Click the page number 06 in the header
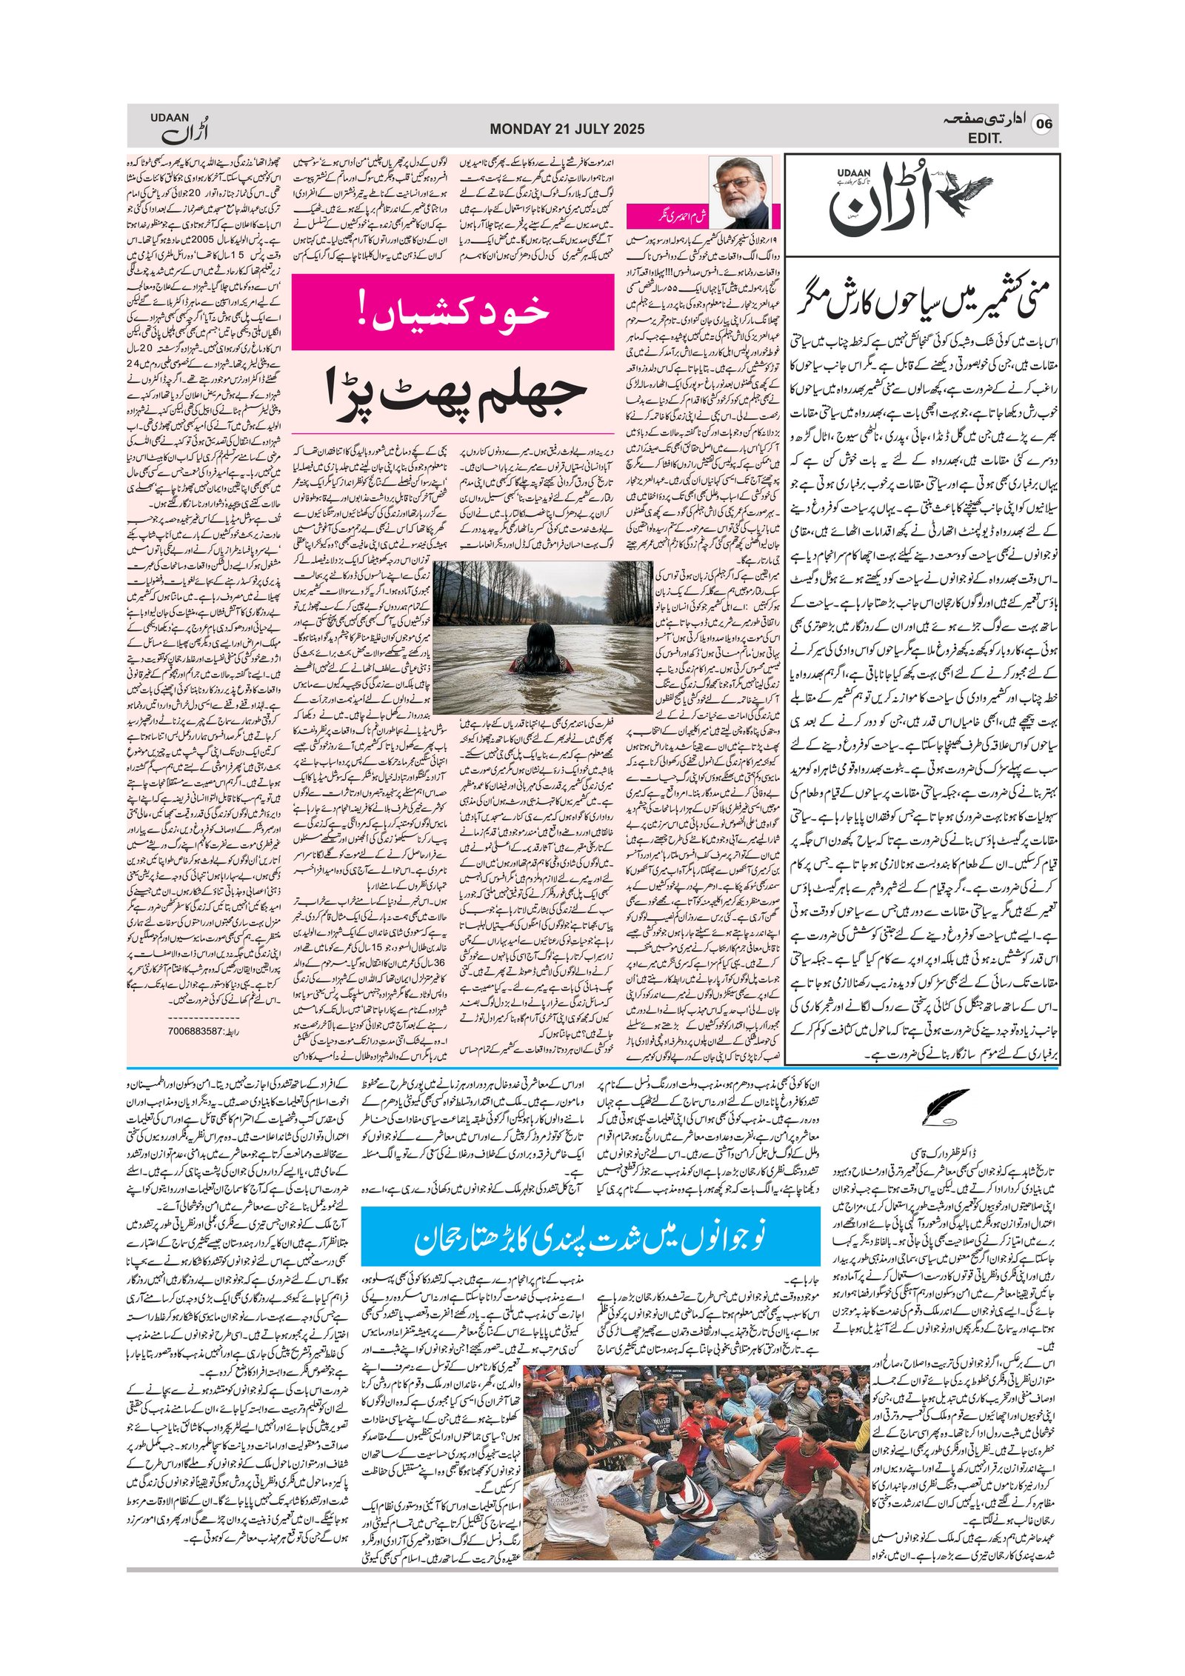(x=1044, y=124)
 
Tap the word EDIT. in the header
(x=984, y=138)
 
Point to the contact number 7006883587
(x=196, y=1030)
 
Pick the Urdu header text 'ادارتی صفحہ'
(x=984, y=119)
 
